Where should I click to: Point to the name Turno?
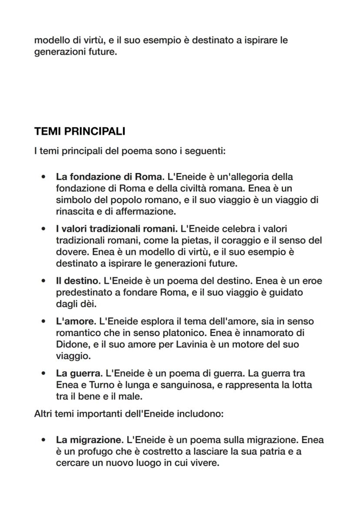103,385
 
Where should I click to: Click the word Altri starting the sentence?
43,414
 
